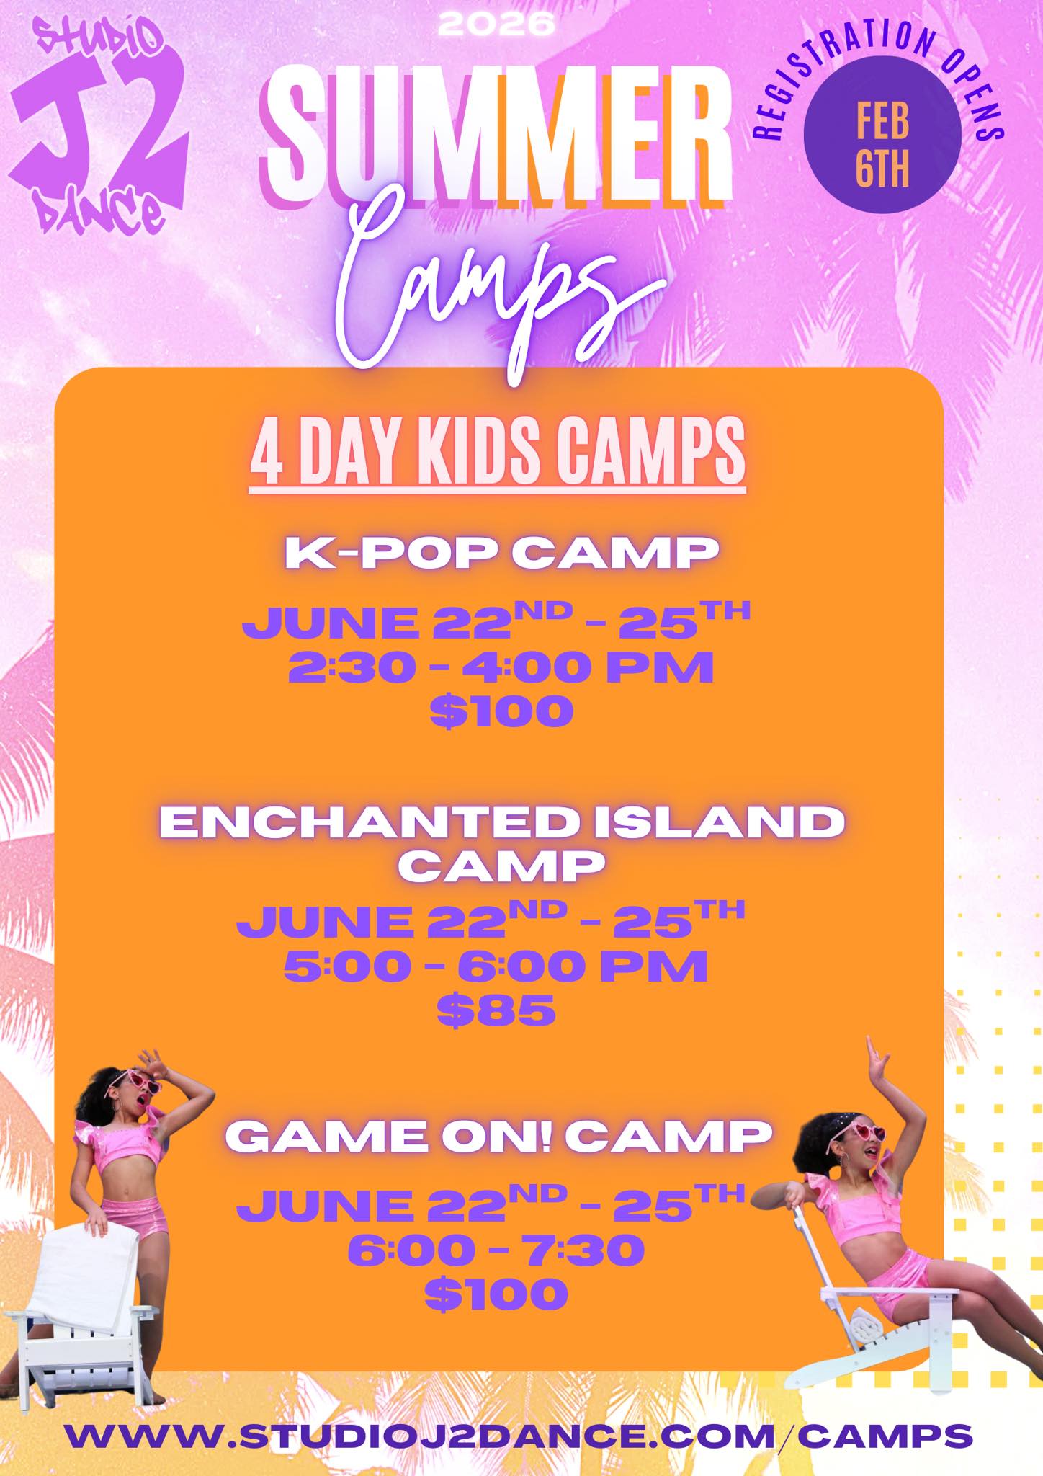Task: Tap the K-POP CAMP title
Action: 502,553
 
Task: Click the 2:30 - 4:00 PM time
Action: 501,667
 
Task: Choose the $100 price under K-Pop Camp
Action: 501,711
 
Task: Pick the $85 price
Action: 497,1010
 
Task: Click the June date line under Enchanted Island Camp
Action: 490,920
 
